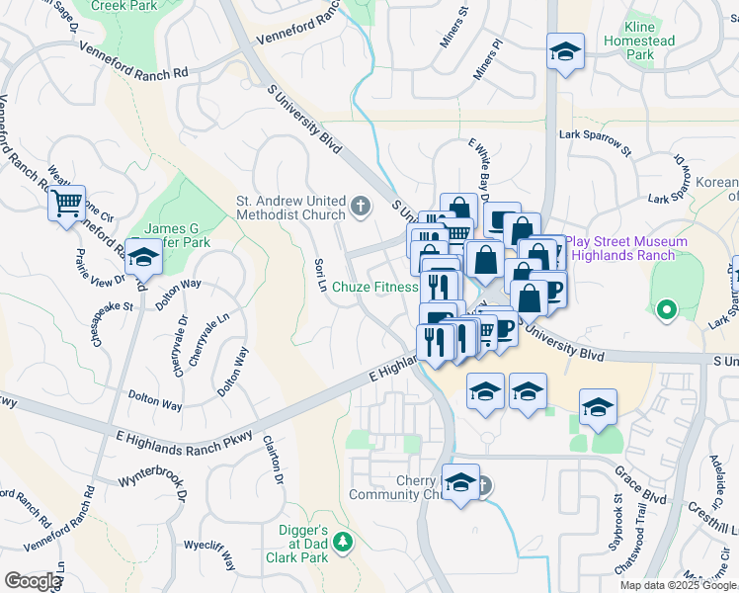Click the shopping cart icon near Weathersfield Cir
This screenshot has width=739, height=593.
[67, 205]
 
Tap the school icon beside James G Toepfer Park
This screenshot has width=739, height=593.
[144, 257]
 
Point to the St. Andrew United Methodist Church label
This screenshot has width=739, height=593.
[289, 208]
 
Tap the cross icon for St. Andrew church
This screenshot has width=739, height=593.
[361, 208]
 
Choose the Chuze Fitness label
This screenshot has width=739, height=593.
[375, 288]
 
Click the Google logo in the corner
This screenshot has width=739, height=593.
[33, 581]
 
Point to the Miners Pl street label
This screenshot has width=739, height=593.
[488, 59]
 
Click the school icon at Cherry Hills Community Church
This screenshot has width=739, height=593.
[460, 484]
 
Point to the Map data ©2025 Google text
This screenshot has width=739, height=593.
[678, 585]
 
